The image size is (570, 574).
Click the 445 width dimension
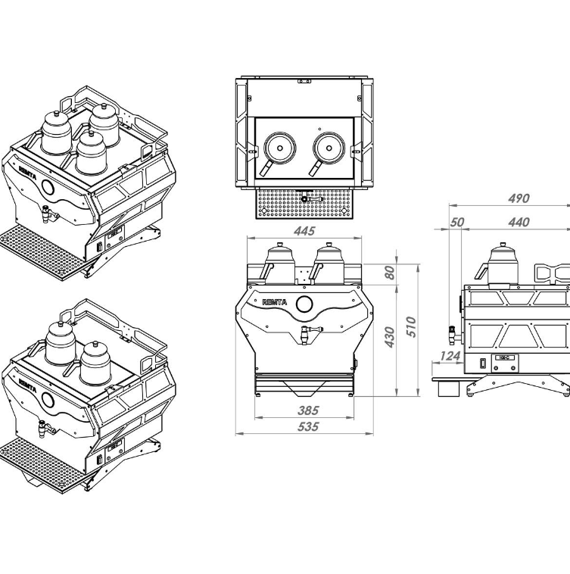(x=304, y=231)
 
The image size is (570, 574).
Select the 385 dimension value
(x=309, y=410)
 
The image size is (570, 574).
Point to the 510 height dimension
(x=410, y=326)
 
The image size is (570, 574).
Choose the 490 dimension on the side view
(x=519, y=198)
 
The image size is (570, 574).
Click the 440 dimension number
(x=519, y=222)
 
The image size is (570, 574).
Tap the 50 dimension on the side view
(x=456, y=222)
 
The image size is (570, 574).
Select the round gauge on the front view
(x=304, y=304)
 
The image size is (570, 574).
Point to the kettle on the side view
(x=500, y=266)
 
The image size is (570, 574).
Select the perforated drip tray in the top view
(x=304, y=203)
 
